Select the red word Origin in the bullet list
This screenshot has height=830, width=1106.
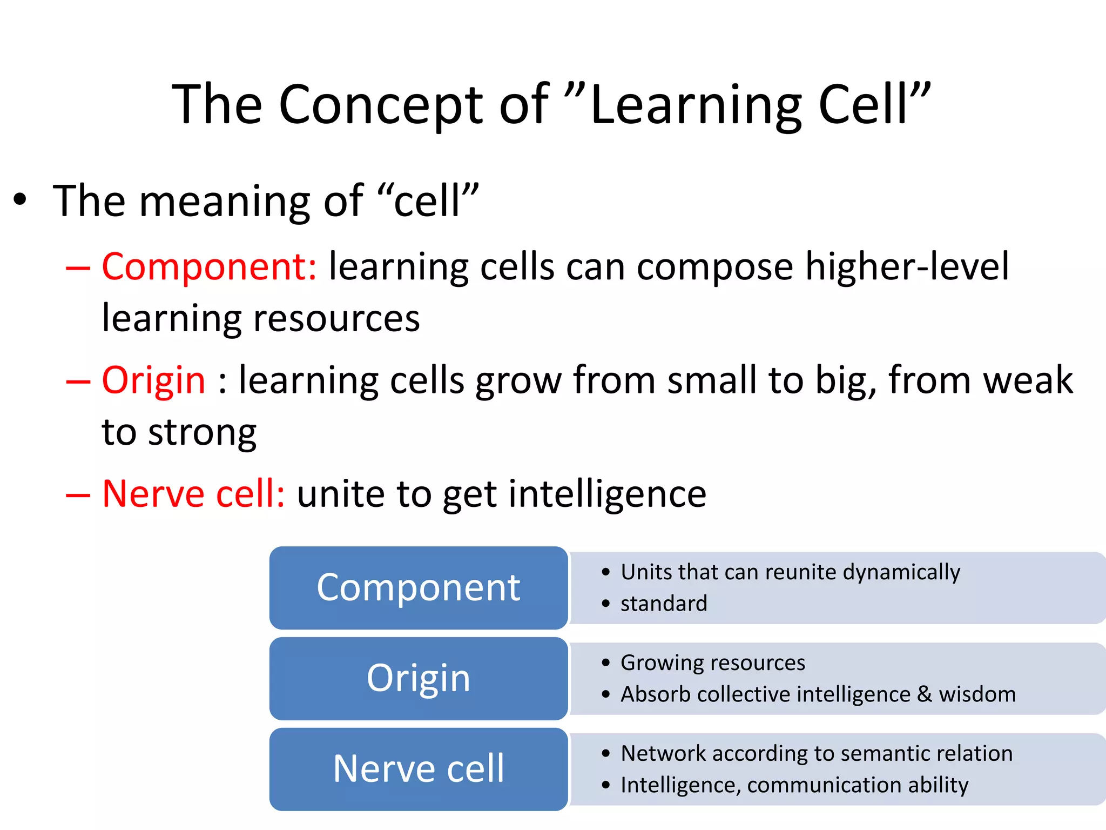[x=154, y=380]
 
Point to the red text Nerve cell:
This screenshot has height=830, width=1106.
[x=193, y=494]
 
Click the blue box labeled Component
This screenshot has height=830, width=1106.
[x=419, y=588]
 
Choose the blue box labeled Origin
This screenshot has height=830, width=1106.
[x=419, y=679]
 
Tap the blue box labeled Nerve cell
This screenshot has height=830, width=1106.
[x=419, y=769]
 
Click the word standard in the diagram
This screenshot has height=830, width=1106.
[x=664, y=604]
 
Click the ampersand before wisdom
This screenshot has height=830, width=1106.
[x=925, y=694]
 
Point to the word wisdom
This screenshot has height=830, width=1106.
[x=977, y=694]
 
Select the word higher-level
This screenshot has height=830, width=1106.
[x=907, y=267]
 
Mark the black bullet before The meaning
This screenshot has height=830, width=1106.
[x=20, y=200]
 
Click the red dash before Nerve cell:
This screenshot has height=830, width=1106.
[x=78, y=494]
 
